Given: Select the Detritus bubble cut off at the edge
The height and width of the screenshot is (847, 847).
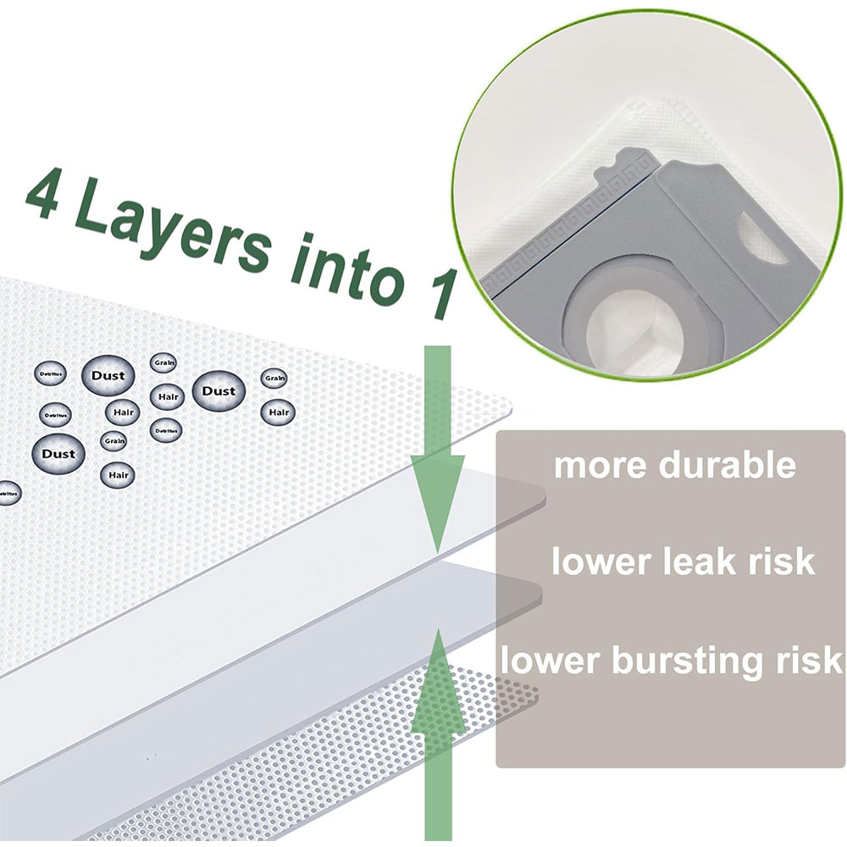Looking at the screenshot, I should (x=7, y=492).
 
